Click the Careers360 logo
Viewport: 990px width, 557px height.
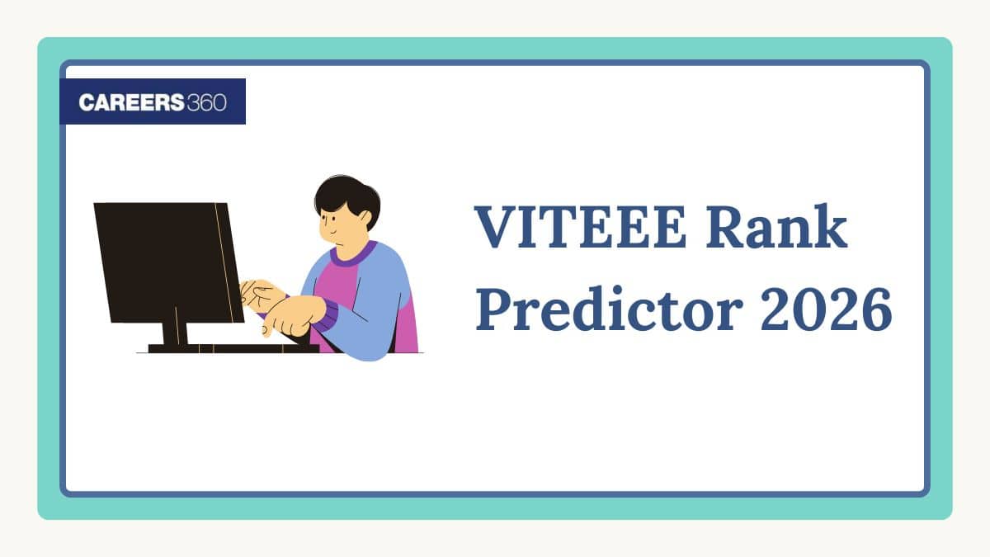coord(153,101)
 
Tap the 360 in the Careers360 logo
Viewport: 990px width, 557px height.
coord(206,101)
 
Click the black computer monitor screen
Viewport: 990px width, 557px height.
coord(165,260)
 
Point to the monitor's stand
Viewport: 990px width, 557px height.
coord(174,334)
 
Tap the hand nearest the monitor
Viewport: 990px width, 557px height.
coord(260,291)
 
